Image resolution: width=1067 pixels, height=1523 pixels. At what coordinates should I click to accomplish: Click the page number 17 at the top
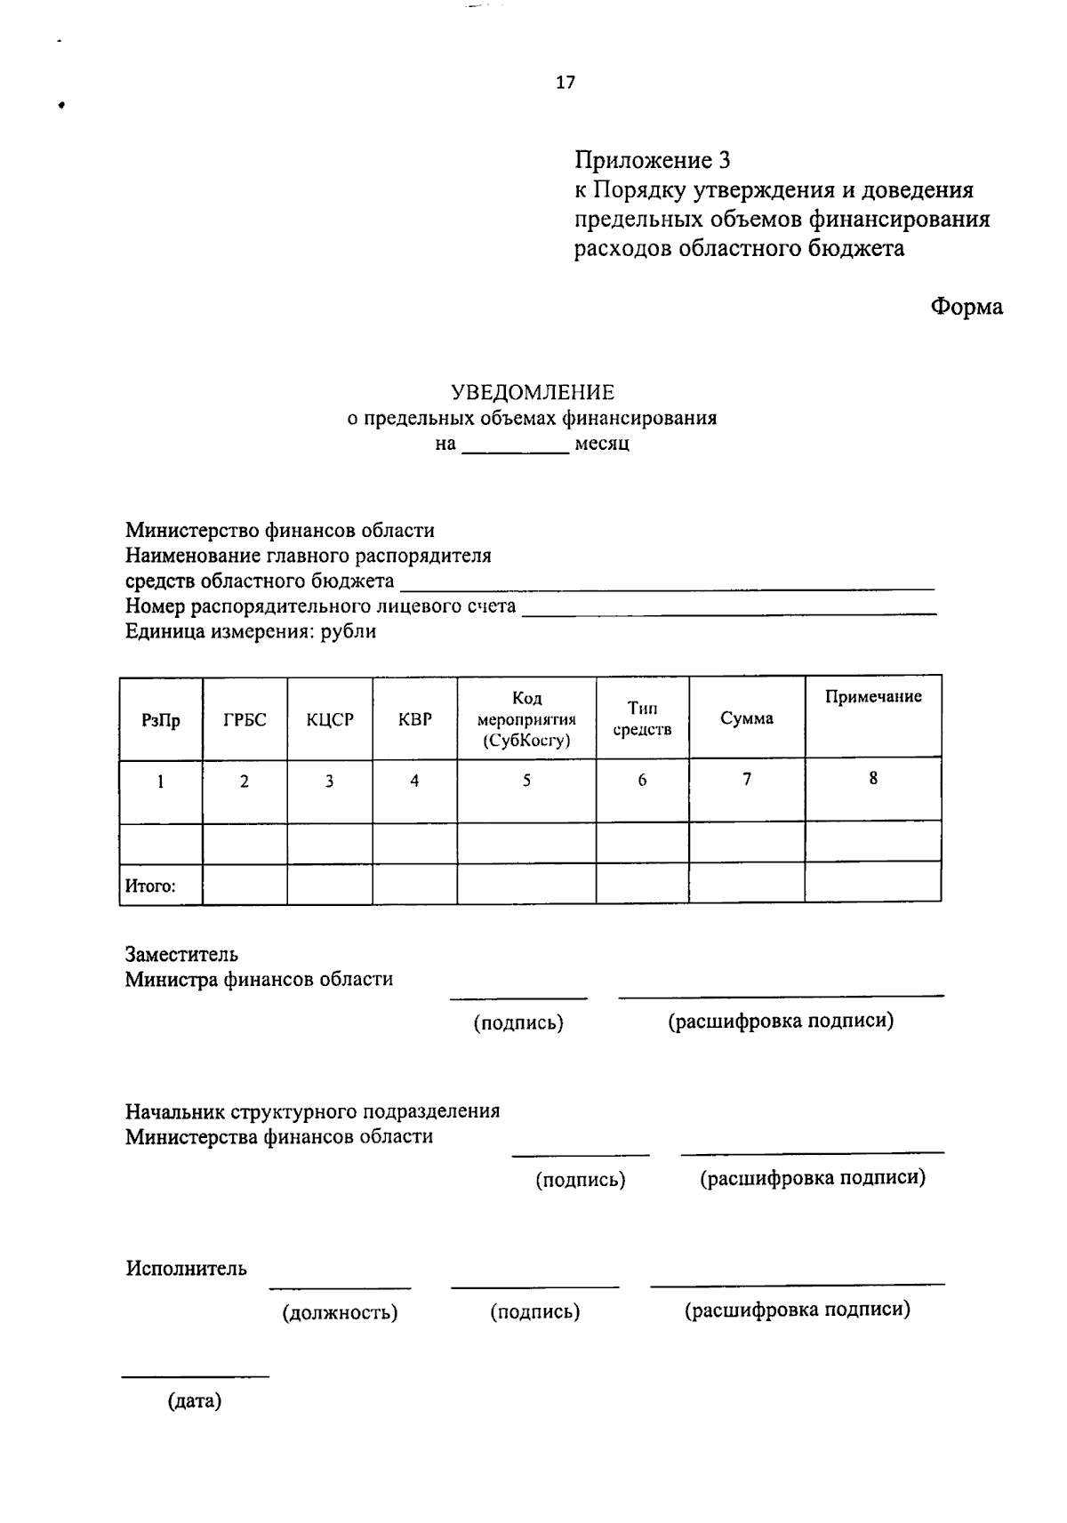click(566, 83)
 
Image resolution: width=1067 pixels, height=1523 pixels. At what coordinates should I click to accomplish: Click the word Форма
click(967, 307)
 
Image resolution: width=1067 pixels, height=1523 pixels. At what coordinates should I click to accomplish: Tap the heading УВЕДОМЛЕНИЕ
click(532, 392)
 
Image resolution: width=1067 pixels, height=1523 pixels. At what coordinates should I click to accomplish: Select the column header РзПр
click(161, 720)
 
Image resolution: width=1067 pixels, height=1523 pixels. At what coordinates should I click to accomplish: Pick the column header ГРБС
click(245, 719)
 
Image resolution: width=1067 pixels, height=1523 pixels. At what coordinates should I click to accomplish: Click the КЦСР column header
click(330, 719)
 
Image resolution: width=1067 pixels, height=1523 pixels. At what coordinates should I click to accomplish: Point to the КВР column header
click(415, 719)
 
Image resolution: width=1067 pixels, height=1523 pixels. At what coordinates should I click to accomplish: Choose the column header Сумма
click(747, 718)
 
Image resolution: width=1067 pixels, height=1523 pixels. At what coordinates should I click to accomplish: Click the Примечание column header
click(873, 697)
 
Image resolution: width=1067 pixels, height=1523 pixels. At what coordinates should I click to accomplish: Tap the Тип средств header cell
click(642, 718)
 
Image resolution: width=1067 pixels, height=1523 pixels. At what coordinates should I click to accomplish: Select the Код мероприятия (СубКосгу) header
click(526, 719)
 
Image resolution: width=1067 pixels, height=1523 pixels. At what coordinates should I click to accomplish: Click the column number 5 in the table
click(526, 781)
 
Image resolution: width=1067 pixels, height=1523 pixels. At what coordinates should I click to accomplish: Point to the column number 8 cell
click(873, 779)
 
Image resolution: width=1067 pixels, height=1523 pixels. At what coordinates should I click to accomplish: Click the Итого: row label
click(150, 886)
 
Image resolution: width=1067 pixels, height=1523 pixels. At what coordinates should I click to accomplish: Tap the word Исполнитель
click(186, 1269)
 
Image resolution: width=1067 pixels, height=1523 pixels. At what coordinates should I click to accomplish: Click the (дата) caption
click(195, 1402)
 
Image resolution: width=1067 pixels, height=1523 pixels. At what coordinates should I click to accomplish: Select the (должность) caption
click(340, 1312)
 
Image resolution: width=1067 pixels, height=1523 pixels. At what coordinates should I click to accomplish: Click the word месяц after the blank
click(602, 443)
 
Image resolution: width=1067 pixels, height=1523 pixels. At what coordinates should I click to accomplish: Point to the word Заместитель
click(181, 955)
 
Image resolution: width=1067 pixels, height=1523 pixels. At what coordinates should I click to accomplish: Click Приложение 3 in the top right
click(652, 160)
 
